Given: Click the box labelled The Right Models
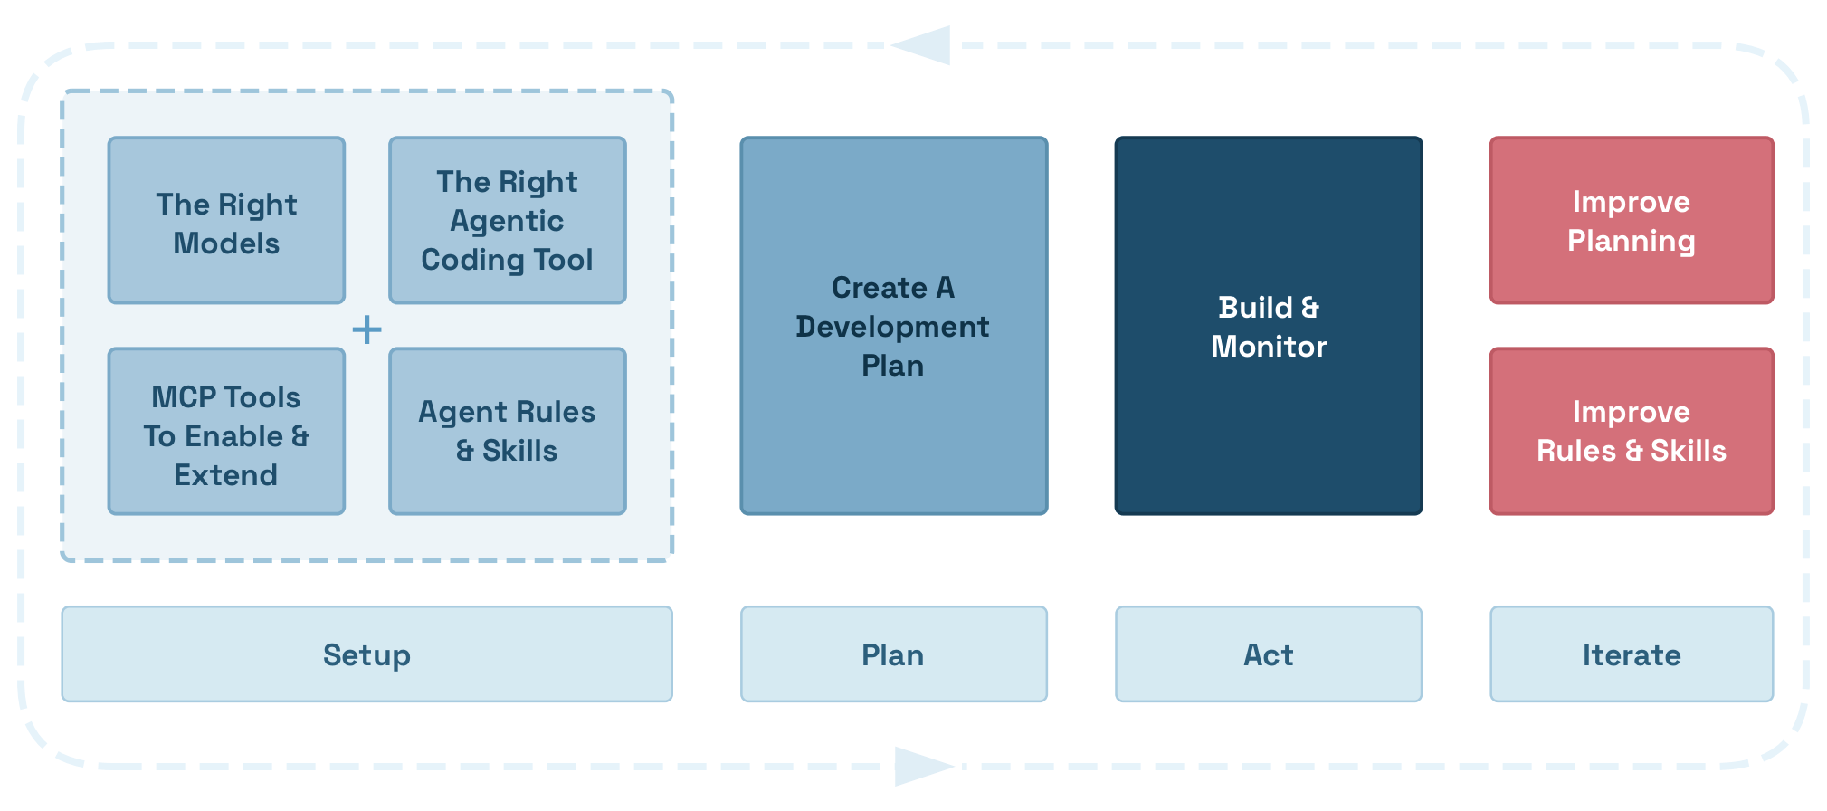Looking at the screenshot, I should click(x=226, y=221).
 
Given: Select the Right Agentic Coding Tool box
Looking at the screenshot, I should click(x=507, y=221).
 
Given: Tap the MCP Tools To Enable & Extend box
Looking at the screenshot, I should click(x=226, y=432).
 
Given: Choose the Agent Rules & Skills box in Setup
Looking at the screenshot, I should click(x=507, y=432).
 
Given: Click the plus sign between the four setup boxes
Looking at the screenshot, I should click(x=366, y=329).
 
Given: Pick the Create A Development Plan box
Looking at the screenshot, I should click(x=893, y=326).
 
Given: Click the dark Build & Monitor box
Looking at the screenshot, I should click(x=1268, y=326).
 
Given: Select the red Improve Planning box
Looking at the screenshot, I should click(x=1631, y=221).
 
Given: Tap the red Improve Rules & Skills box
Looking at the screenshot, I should click(x=1631, y=432).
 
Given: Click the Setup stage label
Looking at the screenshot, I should click(x=366, y=654).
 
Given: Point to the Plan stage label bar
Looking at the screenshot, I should click(x=893, y=654).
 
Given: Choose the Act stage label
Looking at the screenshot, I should click(x=1268, y=654).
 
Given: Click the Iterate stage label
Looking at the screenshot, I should click(x=1631, y=654).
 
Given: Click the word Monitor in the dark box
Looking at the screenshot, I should click(x=1268, y=347).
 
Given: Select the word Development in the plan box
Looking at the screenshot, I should click(x=892, y=327).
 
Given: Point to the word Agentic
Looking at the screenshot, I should click(x=507, y=221).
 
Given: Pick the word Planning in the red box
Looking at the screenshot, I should click(x=1631, y=242).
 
